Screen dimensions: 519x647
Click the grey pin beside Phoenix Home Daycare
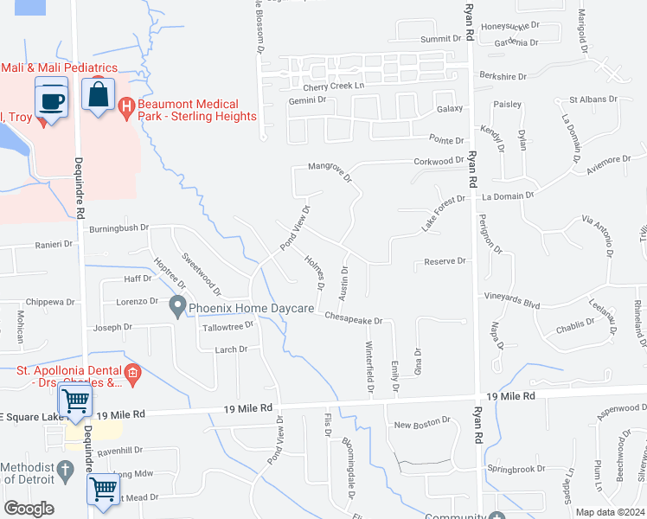tap(178, 305)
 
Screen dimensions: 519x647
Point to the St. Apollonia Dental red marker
tap(132, 374)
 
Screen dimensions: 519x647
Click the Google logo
tap(29, 509)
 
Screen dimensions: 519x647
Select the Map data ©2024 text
tap(610, 511)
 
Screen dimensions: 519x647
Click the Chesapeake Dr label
tap(354, 319)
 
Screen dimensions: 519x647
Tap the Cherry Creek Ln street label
tap(335, 87)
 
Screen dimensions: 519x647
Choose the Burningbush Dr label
tap(119, 229)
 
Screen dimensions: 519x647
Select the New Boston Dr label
tap(422, 425)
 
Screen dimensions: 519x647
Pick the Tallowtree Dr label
tap(227, 326)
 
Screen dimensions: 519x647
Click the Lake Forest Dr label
tap(443, 213)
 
